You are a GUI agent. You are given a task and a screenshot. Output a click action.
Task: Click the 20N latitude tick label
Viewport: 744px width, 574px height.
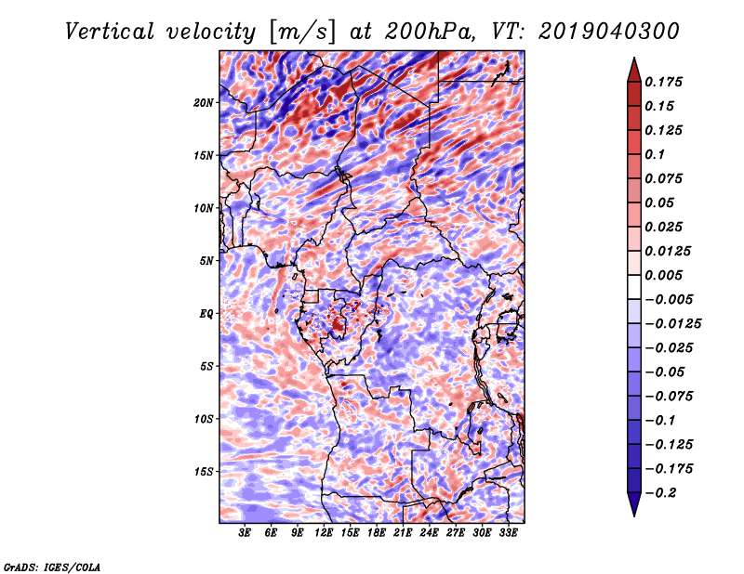204,102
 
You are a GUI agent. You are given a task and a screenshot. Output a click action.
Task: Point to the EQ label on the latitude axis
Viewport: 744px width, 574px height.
206,313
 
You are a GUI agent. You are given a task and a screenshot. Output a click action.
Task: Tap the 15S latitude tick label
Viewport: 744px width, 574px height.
205,471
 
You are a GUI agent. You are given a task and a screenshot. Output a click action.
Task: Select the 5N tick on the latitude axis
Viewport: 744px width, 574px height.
206,260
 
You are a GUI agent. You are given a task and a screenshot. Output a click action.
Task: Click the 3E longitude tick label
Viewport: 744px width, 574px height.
246,533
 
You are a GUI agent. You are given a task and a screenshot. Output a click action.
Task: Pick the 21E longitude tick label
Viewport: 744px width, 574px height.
403,533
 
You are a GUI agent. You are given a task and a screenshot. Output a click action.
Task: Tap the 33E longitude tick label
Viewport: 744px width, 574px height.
508,533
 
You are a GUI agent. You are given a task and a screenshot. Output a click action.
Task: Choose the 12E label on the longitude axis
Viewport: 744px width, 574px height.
325,533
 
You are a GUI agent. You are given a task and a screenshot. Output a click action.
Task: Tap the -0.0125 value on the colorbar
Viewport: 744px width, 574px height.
675,323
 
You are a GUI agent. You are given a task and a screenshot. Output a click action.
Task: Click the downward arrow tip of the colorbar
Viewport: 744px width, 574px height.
633,514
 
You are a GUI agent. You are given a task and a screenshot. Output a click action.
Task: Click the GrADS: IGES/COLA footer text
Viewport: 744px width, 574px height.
51,565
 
